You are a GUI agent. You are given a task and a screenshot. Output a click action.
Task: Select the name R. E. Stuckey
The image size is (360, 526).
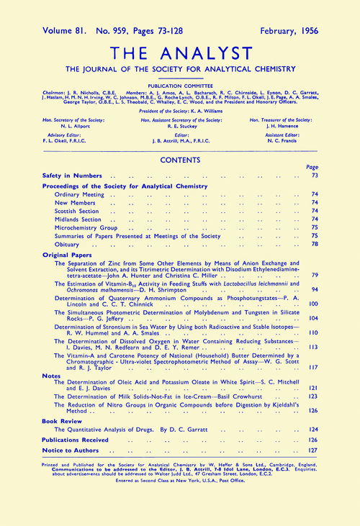click(180, 124)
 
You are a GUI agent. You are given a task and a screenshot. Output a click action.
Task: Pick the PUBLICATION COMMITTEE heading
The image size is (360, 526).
click(180, 83)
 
